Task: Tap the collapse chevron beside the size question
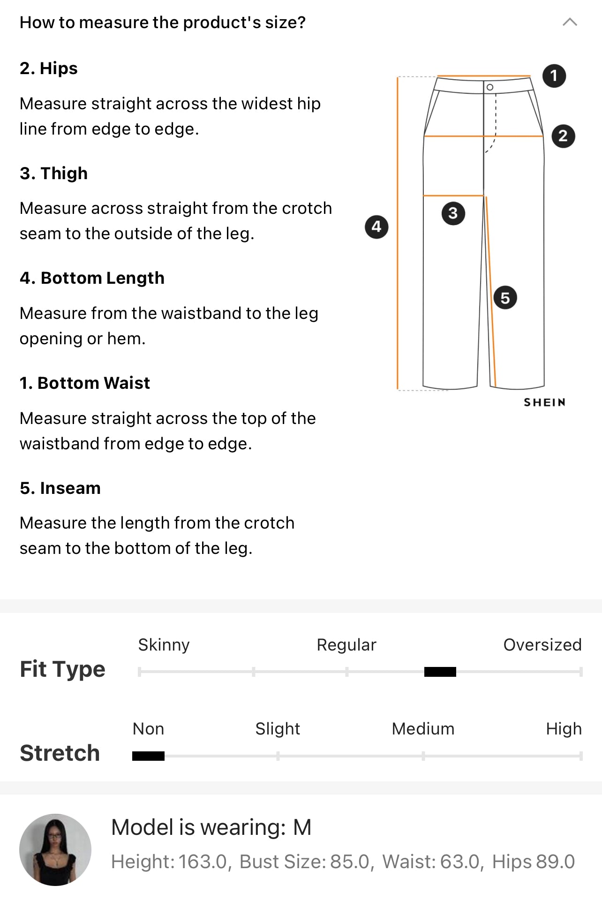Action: (570, 22)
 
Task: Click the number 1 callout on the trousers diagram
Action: (554, 76)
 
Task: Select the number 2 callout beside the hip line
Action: (563, 136)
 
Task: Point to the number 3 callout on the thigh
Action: (453, 213)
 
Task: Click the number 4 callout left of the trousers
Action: (376, 227)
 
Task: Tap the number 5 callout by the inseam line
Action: (505, 298)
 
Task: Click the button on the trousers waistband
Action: (490, 87)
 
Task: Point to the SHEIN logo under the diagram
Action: (544, 402)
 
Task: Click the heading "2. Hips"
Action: (49, 68)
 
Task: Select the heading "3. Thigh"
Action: (53, 173)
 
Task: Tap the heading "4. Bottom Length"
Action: (92, 278)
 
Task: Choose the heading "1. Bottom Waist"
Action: (85, 383)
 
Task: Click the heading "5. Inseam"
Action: (60, 488)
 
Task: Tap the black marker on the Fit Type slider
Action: (440, 672)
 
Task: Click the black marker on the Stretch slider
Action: (148, 756)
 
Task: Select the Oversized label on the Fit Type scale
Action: (542, 645)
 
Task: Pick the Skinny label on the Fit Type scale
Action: (164, 645)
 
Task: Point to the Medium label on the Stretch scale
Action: (423, 729)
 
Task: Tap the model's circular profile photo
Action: (55, 849)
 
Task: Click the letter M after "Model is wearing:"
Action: (302, 827)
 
